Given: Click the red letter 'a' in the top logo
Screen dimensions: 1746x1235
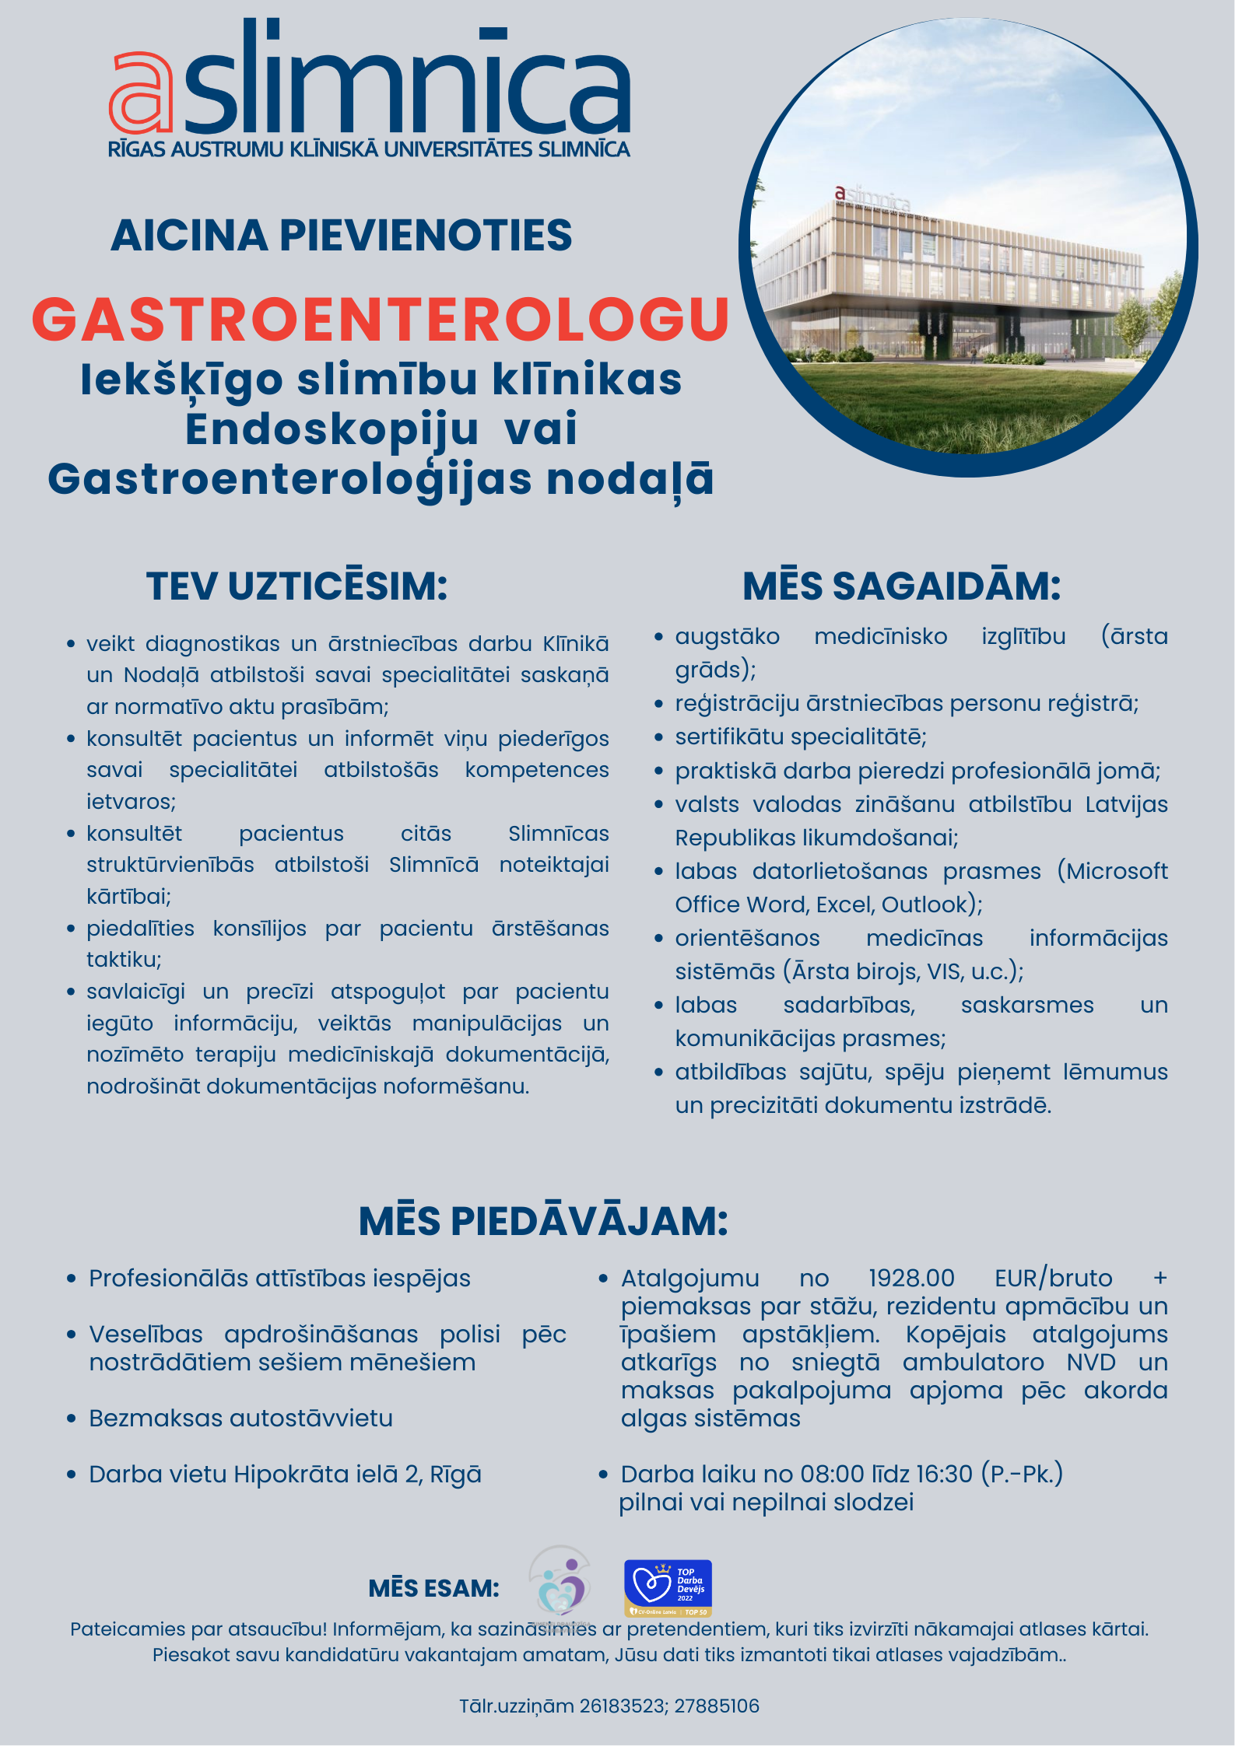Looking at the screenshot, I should pyautogui.click(x=141, y=93).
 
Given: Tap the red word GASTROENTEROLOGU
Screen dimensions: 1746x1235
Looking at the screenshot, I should pyautogui.click(x=381, y=320).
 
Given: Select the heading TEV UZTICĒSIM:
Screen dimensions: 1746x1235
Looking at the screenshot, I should pyautogui.click(x=297, y=586).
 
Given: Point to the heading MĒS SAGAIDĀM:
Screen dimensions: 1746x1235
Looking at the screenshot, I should pyautogui.click(x=902, y=586).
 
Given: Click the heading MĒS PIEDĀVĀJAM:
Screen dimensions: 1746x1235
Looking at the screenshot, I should pyautogui.click(x=543, y=1221).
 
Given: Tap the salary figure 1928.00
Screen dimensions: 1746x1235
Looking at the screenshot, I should pyautogui.click(x=911, y=1279).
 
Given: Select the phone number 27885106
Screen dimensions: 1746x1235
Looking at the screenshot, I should pyautogui.click(x=717, y=1706).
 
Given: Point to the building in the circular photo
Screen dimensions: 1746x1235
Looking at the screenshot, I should pyautogui.click(x=949, y=272).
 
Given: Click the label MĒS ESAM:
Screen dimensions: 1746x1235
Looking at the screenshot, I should pyautogui.click(x=433, y=1588).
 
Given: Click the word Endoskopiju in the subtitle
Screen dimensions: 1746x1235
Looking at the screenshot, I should pyautogui.click(x=332, y=429).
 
